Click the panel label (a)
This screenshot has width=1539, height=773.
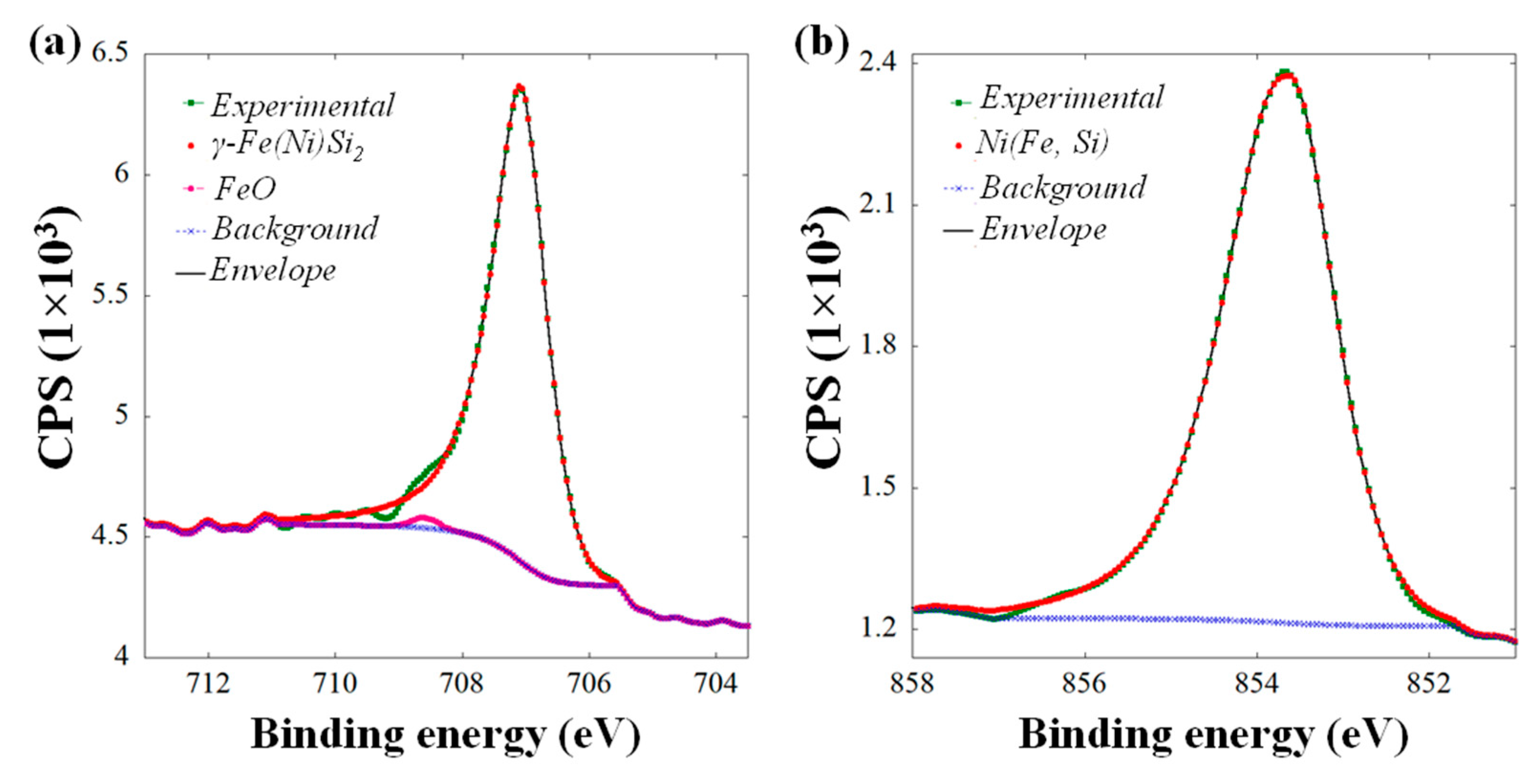pos(54,45)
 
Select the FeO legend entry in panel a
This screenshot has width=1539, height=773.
pos(245,189)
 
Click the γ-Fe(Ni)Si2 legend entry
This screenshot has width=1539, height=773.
pos(287,146)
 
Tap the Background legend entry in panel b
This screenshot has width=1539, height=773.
pos(1062,188)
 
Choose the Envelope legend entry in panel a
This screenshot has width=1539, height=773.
pos(272,271)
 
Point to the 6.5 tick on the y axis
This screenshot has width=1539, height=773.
pos(110,54)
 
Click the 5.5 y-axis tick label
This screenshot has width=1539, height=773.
pos(110,296)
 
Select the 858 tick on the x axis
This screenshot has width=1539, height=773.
pos(912,685)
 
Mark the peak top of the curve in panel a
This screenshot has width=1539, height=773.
pos(519,88)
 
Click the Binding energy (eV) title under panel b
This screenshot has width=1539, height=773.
pos(1213,734)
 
